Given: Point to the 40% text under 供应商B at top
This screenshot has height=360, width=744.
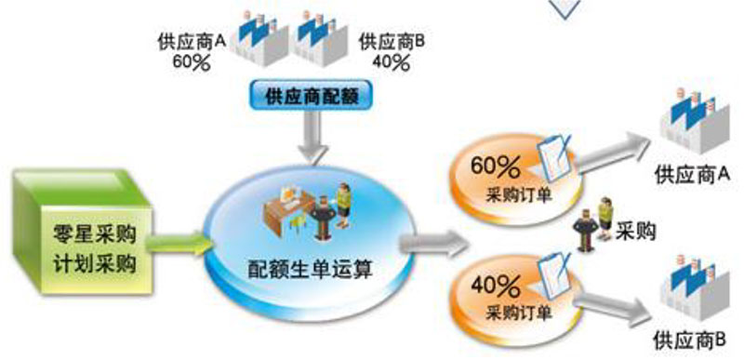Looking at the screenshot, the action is click(390, 62).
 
